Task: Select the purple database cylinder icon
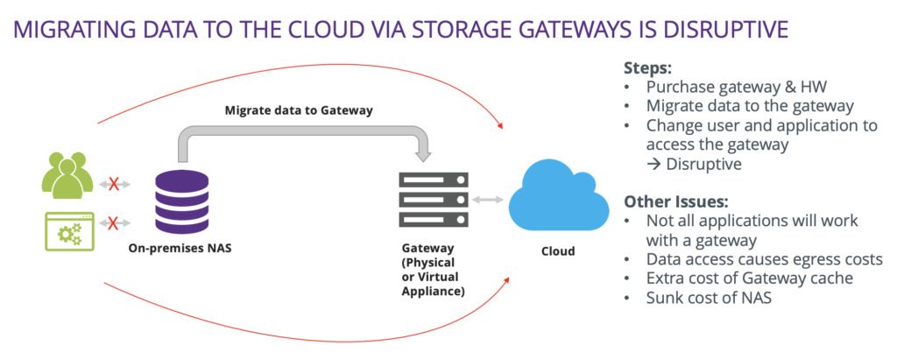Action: tap(181, 201)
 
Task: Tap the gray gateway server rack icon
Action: tap(433, 201)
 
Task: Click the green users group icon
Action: tap(67, 174)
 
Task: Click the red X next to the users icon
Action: tap(114, 184)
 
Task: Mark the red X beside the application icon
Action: tap(114, 224)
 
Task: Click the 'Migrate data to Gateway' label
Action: tap(299, 109)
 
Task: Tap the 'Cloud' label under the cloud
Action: tap(556, 251)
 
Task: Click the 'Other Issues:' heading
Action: tap(675, 201)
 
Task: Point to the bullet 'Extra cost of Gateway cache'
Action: tap(745, 278)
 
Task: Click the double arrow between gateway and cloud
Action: tap(488, 200)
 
